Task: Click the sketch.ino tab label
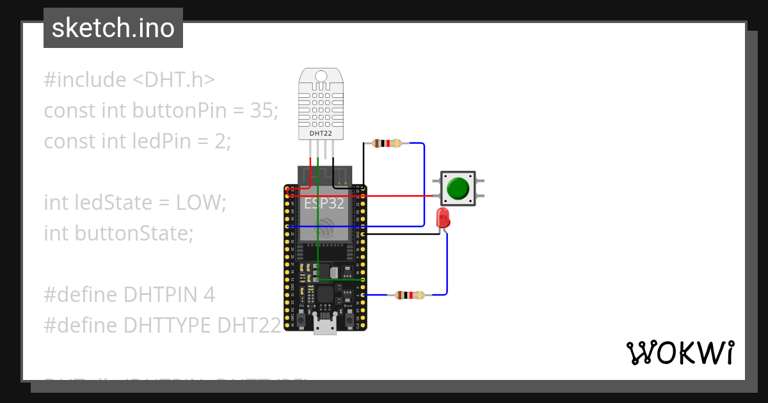pyautogui.click(x=113, y=28)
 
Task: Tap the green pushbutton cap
pyautogui.click(x=458, y=188)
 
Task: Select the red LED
pyautogui.click(x=442, y=218)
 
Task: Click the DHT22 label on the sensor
pyautogui.click(x=320, y=132)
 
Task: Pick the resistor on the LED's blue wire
pyautogui.click(x=410, y=295)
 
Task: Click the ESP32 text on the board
pyautogui.click(x=324, y=203)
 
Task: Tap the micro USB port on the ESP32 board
pyautogui.click(x=325, y=326)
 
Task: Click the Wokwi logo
pyautogui.click(x=680, y=352)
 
